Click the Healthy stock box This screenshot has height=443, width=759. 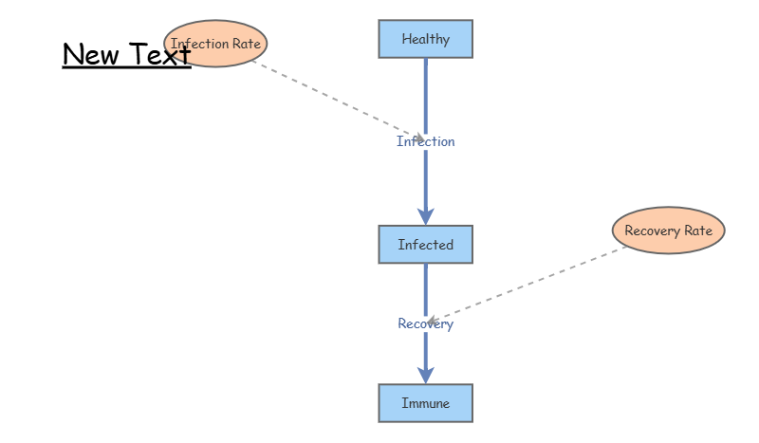click(x=425, y=39)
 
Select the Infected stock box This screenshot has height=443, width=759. click(x=425, y=245)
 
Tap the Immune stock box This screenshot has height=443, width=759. click(x=425, y=403)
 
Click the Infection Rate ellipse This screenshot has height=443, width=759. click(x=215, y=44)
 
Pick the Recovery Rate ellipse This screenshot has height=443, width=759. click(x=669, y=231)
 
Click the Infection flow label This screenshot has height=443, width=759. click(x=425, y=141)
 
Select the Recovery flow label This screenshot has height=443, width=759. click(x=425, y=323)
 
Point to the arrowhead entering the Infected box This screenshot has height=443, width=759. click(x=425, y=216)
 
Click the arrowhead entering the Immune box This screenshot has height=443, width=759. click(x=425, y=376)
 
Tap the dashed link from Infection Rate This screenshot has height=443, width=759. click(x=338, y=101)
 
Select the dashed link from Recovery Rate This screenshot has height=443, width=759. click(x=527, y=286)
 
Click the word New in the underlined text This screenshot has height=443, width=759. click(x=90, y=54)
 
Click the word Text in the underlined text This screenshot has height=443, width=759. click(x=159, y=53)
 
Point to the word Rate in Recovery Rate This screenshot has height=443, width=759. click(x=697, y=231)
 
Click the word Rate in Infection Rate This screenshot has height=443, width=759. click(x=247, y=44)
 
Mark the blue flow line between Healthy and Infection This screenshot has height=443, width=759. click(x=425, y=97)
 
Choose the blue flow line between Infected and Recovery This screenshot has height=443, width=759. click(x=425, y=290)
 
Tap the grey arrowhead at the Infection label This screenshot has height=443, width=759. click(x=419, y=138)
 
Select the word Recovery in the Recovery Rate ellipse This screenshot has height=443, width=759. click(x=652, y=231)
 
